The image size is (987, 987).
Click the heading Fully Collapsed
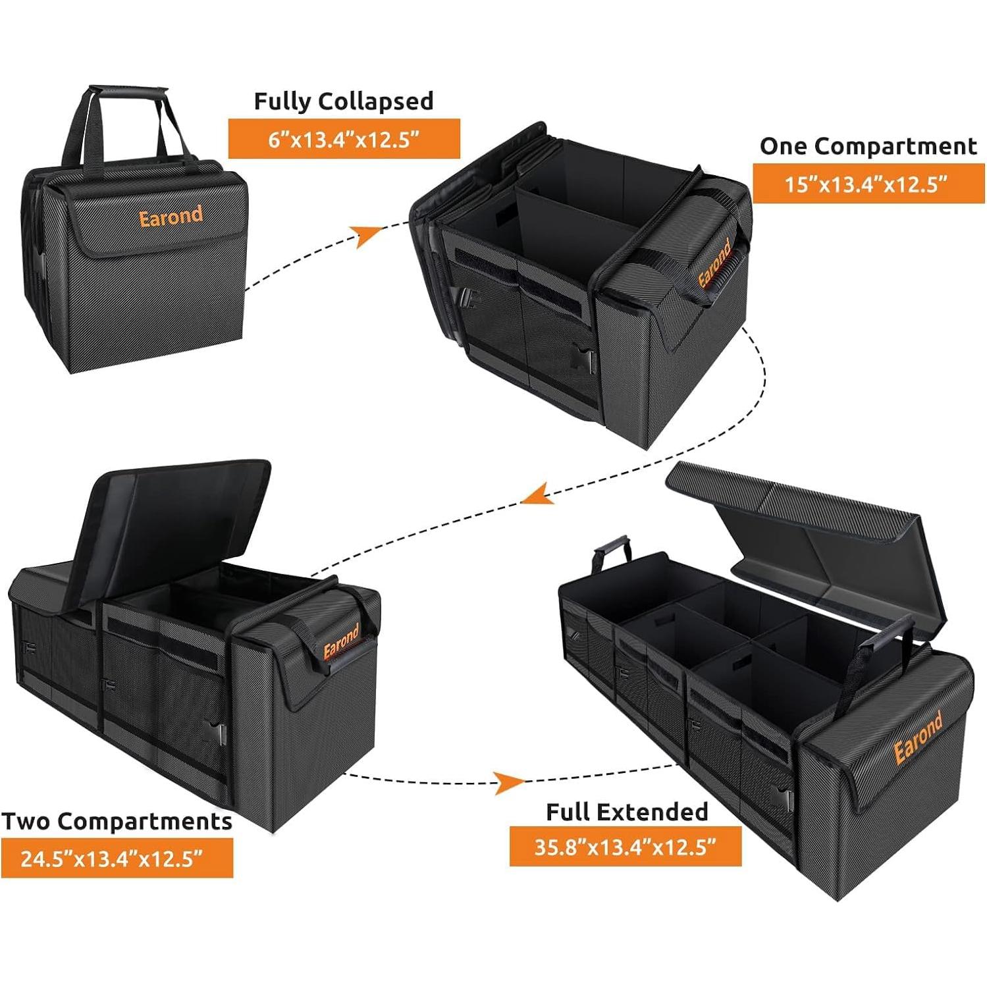tap(344, 101)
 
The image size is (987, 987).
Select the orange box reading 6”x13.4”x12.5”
tap(344, 139)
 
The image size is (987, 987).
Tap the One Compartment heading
tap(868, 146)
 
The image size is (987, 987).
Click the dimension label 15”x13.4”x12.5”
tap(868, 184)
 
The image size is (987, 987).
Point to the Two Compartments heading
tap(117, 822)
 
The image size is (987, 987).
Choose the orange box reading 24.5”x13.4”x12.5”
tap(117, 859)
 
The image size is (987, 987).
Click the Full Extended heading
tap(626, 812)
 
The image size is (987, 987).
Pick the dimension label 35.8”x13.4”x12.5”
tap(625, 847)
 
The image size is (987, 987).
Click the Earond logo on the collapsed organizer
tap(171, 217)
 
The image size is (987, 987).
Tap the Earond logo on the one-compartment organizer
tap(715, 263)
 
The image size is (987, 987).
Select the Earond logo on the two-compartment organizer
tap(341, 641)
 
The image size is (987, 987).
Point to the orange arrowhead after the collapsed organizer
tap(367, 235)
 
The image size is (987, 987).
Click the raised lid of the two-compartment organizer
tap(178, 520)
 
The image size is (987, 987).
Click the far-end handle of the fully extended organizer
tap(612, 553)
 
